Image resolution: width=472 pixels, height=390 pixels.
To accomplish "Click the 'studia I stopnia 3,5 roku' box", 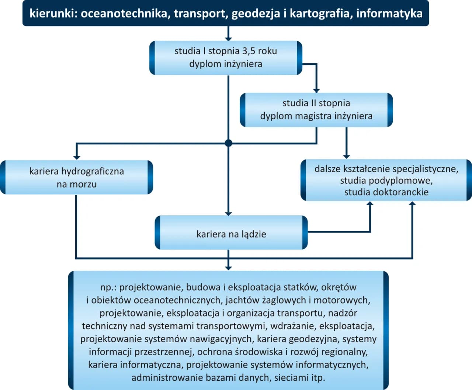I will [226, 58].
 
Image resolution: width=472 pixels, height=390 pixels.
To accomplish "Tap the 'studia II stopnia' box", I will [316, 110].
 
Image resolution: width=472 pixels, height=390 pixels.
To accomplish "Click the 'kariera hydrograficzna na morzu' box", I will [76, 177].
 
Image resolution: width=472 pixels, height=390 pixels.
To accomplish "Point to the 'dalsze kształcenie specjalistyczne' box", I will [386, 181].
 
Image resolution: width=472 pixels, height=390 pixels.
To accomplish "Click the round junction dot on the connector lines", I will [228, 143].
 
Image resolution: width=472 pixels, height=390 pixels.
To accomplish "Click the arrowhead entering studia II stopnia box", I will [316, 90].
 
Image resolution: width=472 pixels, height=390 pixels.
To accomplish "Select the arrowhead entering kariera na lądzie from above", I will [228, 213].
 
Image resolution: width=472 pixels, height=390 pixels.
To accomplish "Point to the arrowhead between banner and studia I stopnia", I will [228, 38].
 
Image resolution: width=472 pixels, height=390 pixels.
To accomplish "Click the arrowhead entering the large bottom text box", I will [228, 268].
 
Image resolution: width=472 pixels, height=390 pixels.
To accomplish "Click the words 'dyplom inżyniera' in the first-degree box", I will [226, 64].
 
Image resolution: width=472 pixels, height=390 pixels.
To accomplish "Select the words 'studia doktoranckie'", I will [386, 192].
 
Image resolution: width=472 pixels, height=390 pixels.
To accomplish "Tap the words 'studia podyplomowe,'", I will [386, 181].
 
